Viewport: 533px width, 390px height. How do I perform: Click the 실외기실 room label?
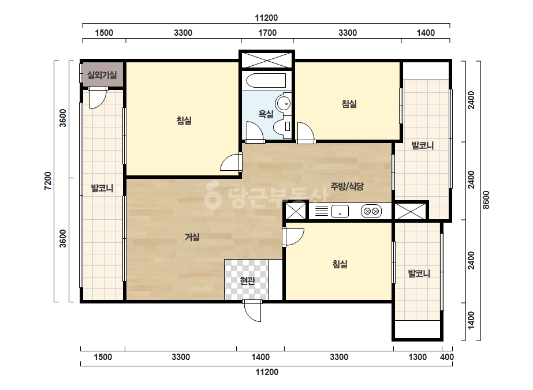tap(102, 75)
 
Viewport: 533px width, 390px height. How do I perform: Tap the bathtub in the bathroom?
tap(266, 81)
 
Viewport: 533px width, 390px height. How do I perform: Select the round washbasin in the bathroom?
tap(283, 103)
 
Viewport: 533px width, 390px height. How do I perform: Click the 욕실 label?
tap(266, 114)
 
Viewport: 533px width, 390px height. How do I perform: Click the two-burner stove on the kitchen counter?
tap(371, 211)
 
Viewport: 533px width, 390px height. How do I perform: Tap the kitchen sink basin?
tap(340, 211)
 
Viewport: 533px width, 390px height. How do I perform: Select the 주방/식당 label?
tap(347, 186)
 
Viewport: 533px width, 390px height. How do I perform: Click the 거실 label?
tap(192, 237)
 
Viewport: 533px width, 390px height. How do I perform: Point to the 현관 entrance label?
tap(247, 281)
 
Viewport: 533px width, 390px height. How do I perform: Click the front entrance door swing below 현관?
tap(252, 311)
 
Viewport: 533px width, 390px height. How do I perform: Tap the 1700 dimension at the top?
tap(267, 33)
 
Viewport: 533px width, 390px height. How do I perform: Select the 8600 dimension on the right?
tap(486, 200)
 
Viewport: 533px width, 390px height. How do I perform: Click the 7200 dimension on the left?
tap(47, 181)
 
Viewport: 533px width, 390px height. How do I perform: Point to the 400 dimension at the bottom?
tap(446, 357)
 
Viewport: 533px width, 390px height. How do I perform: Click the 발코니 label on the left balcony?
tap(102, 188)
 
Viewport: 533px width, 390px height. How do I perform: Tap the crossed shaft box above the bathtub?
tap(267, 60)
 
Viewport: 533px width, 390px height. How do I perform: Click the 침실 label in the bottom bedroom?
tap(340, 264)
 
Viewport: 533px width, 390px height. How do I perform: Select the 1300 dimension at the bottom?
tap(418, 357)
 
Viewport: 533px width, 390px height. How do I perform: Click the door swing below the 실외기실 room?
tap(98, 98)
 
